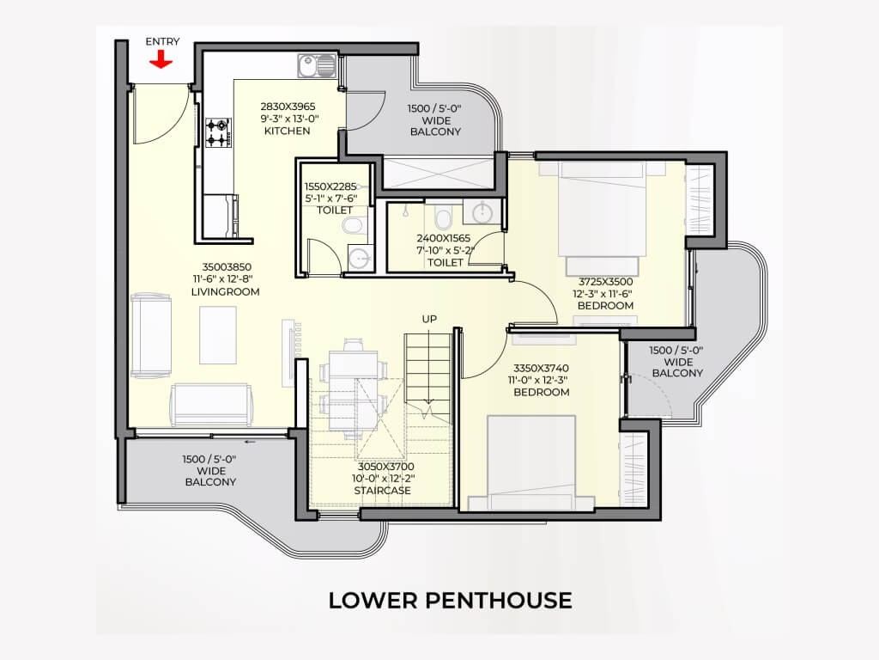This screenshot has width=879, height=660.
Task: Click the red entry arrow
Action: tap(161, 59)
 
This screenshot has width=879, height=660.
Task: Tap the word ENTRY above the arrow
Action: tap(162, 41)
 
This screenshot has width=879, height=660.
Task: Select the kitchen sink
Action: tap(317, 65)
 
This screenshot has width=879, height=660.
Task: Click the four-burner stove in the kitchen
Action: tap(217, 132)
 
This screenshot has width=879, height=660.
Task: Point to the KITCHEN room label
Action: tap(287, 131)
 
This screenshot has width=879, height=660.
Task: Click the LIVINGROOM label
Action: tap(226, 292)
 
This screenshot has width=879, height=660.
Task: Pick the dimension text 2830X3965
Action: tap(288, 106)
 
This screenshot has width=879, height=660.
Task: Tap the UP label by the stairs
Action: tap(429, 320)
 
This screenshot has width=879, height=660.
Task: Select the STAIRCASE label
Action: tap(382, 491)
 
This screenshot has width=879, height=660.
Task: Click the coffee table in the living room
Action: tap(218, 334)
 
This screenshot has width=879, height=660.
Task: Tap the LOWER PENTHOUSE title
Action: tap(450, 601)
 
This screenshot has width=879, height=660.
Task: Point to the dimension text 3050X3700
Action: tap(386, 467)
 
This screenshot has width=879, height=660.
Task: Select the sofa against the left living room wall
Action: tap(151, 335)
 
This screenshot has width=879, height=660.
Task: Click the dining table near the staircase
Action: tap(353, 389)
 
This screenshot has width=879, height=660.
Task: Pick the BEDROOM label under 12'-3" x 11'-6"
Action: tap(605, 306)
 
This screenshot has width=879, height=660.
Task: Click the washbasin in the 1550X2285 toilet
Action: tap(359, 258)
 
